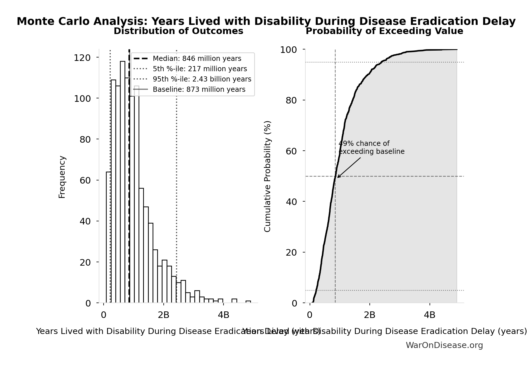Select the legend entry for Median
click(x=197, y=59)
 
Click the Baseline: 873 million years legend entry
click(x=199, y=89)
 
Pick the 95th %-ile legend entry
click(x=202, y=79)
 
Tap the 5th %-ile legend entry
click(x=200, y=69)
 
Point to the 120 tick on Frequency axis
click(x=82, y=58)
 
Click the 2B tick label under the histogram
click(x=163, y=315)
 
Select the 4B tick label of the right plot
click(x=429, y=315)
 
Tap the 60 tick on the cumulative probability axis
click(x=291, y=151)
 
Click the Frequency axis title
click(x=62, y=177)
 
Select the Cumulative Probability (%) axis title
click(x=267, y=176)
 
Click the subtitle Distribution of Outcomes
click(x=178, y=31)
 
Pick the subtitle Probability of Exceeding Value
click(x=384, y=31)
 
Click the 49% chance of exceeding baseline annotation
click(x=371, y=148)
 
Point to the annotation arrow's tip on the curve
click(x=337, y=178)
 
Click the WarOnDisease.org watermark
click(x=444, y=345)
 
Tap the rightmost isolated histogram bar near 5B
click(x=248, y=302)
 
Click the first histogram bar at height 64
click(x=109, y=237)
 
